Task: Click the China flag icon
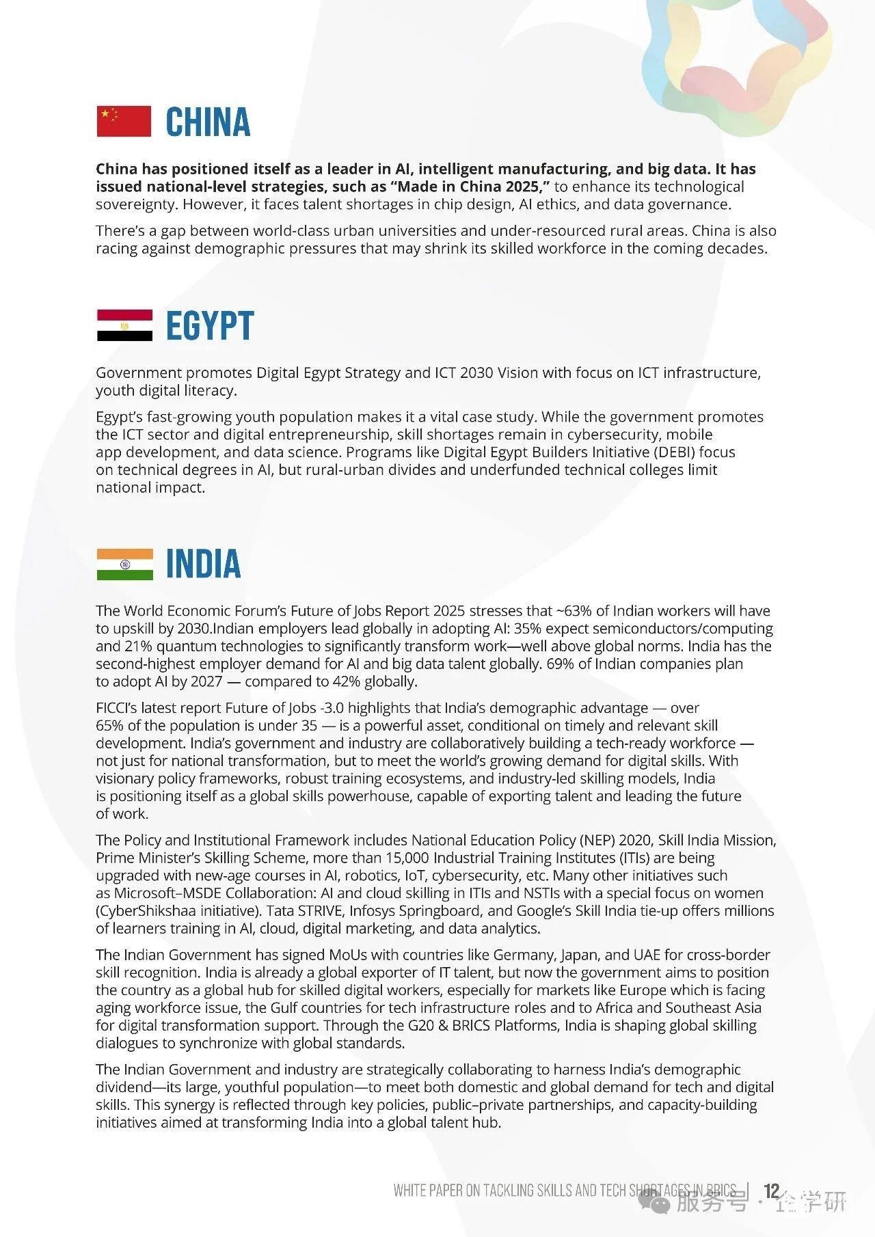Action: pyautogui.click(x=124, y=122)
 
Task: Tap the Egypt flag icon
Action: pyautogui.click(x=124, y=325)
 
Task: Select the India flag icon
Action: pyautogui.click(x=124, y=564)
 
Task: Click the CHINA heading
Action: pyautogui.click(x=208, y=122)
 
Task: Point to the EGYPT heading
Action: pyautogui.click(x=210, y=325)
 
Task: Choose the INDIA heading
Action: pyautogui.click(x=204, y=564)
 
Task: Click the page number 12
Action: pyautogui.click(x=771, y=1191)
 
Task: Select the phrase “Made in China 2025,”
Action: pyautogui.click(x=470, y=187)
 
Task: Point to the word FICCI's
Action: pyautogui.click(x=120, y=708)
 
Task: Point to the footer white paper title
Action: pyautogui.click(x=565, y=1191)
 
